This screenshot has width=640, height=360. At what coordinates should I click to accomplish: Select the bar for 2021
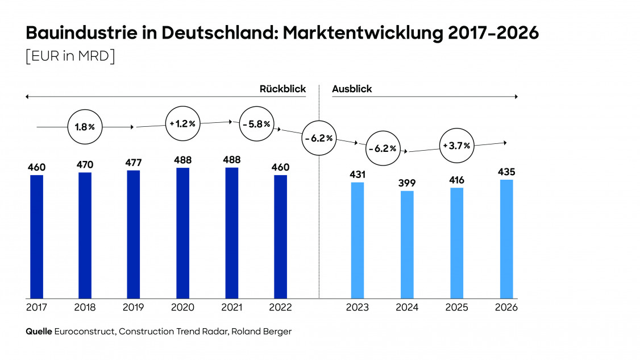pos(232,233)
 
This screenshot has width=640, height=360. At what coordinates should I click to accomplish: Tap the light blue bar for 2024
pos(407,245)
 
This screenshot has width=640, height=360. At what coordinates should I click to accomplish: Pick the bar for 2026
pos(506,239)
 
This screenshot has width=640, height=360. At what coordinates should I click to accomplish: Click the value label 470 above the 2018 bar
pos(85,165)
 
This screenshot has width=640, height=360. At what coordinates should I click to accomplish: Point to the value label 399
pos(407,183)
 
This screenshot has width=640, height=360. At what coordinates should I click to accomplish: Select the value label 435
pos(506,172)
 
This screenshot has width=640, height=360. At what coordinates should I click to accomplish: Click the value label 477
pos(134,163)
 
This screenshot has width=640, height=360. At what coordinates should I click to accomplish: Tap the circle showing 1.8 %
pos(85,127)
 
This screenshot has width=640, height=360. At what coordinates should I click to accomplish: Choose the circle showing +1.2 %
pos(182,123)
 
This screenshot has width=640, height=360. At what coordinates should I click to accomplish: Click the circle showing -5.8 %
pos(256,124)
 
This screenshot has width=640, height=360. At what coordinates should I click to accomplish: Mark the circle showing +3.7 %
pos(456,146)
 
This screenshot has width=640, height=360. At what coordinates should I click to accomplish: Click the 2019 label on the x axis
pos(134,307)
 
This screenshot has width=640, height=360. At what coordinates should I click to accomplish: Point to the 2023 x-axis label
pos(358,307)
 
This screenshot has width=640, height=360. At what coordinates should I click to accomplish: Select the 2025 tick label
pos(456,307)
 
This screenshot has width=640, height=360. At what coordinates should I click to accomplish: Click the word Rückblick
pos(282,89)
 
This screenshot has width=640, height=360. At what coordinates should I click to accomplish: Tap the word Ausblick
pos(352,89)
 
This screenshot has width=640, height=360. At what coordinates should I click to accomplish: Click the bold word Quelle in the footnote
pos(39,331)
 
